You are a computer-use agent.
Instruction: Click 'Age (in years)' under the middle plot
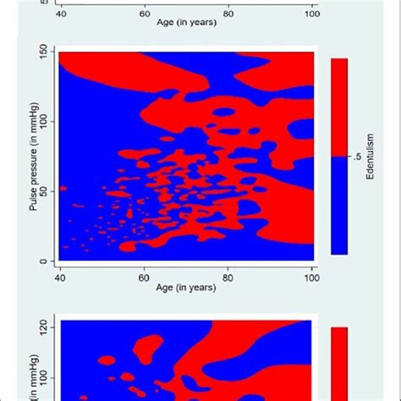coord(186,287)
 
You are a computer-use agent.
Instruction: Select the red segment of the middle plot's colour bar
coord(339,107)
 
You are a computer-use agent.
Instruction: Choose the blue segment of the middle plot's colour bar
coord(339,206)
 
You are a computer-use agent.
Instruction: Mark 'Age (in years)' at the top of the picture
coord(186,24)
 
